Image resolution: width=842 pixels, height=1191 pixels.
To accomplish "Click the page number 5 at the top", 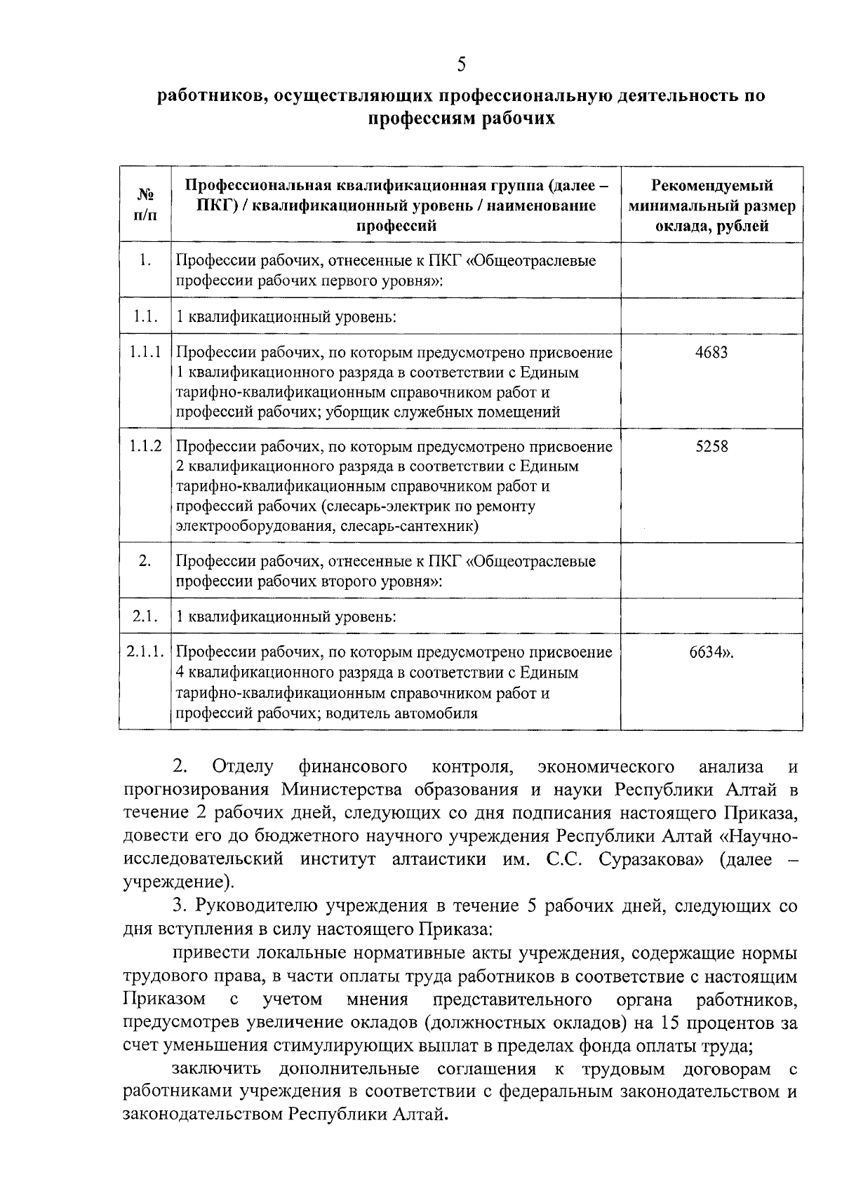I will pos(461,65).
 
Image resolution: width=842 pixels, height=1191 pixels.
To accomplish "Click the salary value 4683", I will pos(711,352).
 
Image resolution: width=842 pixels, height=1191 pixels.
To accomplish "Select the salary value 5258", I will pos(711,446).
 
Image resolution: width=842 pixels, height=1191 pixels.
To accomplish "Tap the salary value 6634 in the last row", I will pos(708,652).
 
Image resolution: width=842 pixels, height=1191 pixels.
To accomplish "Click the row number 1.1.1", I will pos(145,352).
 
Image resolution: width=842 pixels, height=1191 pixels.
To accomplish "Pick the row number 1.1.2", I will pos(145,446).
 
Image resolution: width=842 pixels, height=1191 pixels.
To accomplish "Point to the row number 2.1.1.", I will pos(145,652).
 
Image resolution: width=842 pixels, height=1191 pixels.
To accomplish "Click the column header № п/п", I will pos(145,204).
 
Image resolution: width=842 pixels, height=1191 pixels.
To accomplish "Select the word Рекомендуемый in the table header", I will pos(712,185).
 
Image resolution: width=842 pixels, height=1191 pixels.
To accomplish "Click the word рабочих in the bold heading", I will pos(520,119).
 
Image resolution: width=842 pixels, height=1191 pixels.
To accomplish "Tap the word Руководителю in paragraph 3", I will pos(257,906).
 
